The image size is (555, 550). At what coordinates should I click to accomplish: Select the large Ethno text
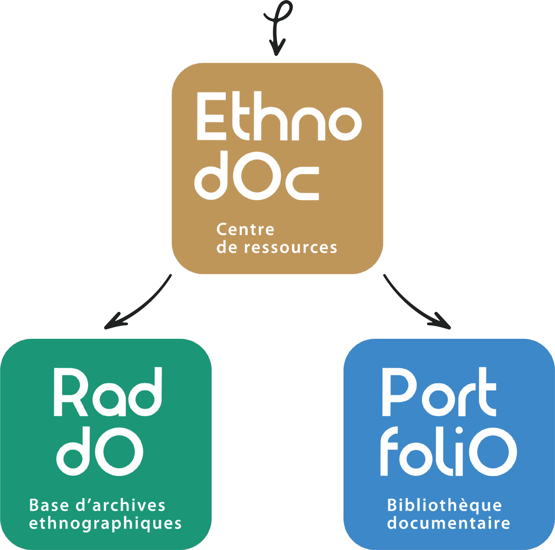click(x=279, y=116)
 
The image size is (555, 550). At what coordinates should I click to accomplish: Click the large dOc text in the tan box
click(x=256, y=176)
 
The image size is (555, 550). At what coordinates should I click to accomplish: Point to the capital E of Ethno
click(x=211, y=116)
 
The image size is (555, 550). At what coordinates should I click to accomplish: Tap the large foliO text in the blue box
click(x=448, y=452)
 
